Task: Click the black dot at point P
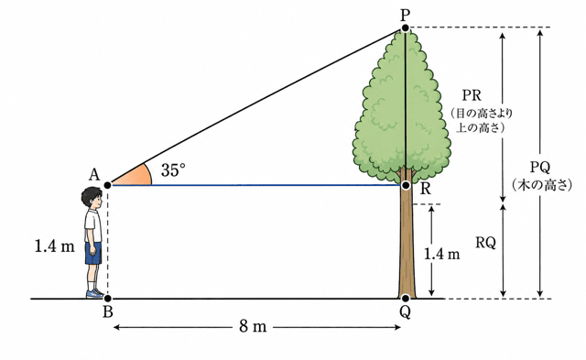coord(405,27)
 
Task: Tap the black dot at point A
coord(108,185)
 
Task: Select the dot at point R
coord(406,185)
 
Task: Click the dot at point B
coord(108,299)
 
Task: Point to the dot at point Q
coord(406,299)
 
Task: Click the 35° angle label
coord(173,170)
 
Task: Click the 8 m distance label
coord(253,327)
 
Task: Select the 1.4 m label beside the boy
coord(55,246)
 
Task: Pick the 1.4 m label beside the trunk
coord(441,255)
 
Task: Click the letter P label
coord(405,15)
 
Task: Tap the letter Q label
coord(405,312)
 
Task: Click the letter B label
coord(108,311)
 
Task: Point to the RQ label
coord(485,244)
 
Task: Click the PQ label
coord(540,168)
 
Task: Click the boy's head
coord(92,199)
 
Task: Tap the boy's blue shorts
coord(93,253)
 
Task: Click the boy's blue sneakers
coord(95,293)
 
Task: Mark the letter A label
coord(94,174)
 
